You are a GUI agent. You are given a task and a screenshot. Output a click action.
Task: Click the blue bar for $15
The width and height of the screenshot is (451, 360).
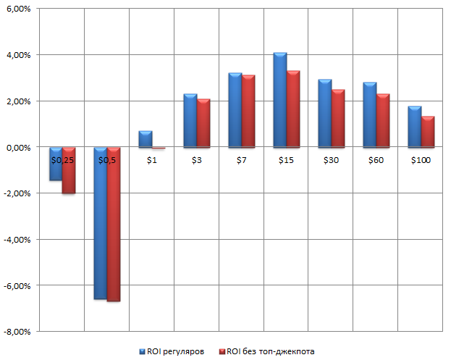[x=280, y=100]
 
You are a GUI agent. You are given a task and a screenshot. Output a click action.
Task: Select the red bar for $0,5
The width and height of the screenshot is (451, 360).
[x=114, y=225]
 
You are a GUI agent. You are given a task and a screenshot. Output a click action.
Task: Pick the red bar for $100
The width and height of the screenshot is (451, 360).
[x=427, y=131]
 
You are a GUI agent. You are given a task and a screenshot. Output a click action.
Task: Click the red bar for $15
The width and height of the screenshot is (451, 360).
[x=293, y=109]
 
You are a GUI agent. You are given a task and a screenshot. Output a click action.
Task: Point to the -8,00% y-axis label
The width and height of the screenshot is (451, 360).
[x=18, y=332]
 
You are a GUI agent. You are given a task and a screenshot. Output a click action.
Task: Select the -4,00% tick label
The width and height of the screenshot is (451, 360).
[x=18, y=240]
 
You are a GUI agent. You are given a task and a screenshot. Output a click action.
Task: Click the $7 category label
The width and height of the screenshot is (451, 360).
[x=241, y=159]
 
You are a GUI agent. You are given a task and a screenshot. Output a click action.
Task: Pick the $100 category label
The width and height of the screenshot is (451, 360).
[x=421, y=159]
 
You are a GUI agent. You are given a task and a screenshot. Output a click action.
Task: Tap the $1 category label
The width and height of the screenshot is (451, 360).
[x=151, y=159]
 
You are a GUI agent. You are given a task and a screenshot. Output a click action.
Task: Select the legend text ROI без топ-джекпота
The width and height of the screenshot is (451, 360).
[x=271, y=351]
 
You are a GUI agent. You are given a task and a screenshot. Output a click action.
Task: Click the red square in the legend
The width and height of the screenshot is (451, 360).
[x=222, y=351]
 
